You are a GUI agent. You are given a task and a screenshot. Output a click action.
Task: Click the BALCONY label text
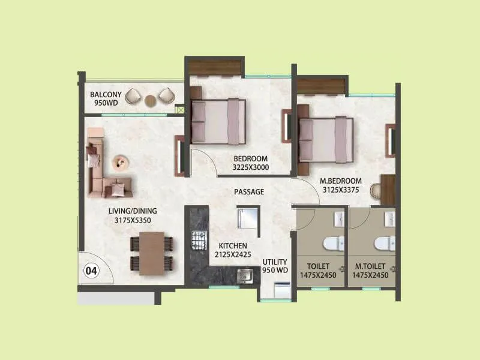(x=106, y=95)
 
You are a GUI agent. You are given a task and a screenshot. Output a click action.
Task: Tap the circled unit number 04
(x=91, y=271)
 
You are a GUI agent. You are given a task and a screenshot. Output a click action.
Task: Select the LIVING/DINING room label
(x=131, y=211)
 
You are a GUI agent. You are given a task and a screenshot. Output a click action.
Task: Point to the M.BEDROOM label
(x=341, y=181)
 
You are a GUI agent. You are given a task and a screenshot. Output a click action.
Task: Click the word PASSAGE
(x=249, y=192)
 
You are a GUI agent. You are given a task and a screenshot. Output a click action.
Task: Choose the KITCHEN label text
(x=233, y=245)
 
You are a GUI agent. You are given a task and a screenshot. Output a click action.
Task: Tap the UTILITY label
(x=275, y=262)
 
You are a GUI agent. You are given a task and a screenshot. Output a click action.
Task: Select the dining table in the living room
(x=152, y=253)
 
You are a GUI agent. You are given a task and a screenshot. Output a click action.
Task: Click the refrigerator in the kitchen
(x=248, y=218)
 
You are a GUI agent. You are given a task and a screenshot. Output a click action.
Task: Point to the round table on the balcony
(x=150, y=100)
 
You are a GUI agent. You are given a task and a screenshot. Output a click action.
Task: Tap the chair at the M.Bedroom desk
(x=376, y=189)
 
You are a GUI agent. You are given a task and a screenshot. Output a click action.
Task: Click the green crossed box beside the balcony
(x=179, y=110)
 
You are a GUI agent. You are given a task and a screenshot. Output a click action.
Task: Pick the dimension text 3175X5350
(x=131, y=220)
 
